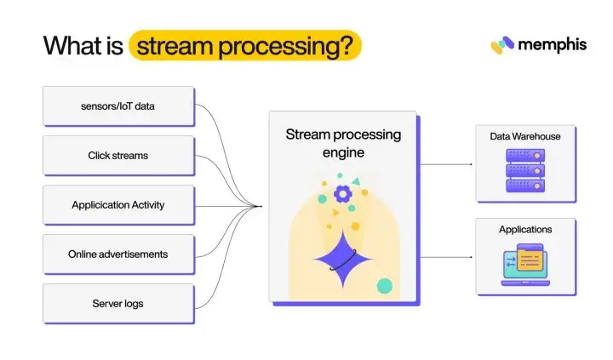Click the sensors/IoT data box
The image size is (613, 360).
pos(117,106)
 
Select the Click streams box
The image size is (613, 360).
pos(117,156)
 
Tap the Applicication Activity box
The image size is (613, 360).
pos(117,205)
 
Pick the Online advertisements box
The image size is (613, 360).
pos(117,254)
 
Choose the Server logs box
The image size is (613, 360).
pos(117,304)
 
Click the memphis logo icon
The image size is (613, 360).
pos(502,45)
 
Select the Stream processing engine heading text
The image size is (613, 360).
pos(343,143)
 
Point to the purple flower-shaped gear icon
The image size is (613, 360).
pos(342,194)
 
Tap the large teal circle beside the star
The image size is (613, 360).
pos(385,285)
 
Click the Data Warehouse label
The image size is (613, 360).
pos(525,136)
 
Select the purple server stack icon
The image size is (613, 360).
pos(525,169)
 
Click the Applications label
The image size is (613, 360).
pos(525,230)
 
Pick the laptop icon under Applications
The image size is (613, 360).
pos(525,266)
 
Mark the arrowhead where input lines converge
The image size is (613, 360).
pos(260,205)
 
